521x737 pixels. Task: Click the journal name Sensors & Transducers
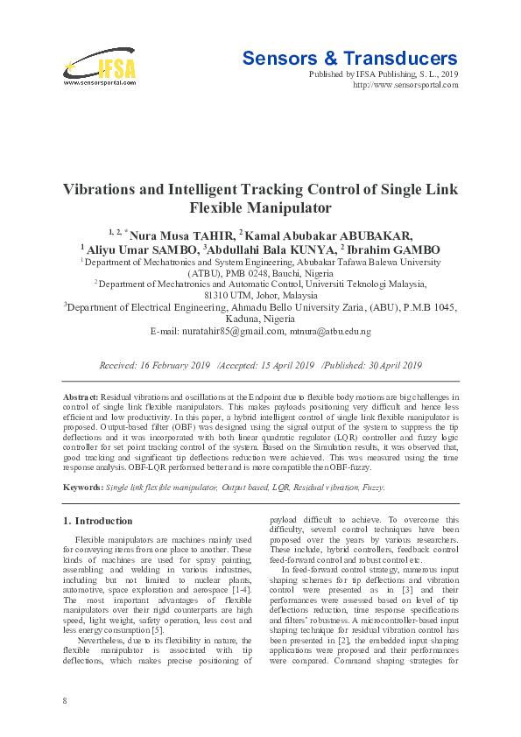point(349,59)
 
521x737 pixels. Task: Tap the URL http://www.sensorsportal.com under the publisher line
point(405,85)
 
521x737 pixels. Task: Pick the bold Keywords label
point(82,487)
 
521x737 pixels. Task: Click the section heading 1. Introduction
point(98,521)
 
